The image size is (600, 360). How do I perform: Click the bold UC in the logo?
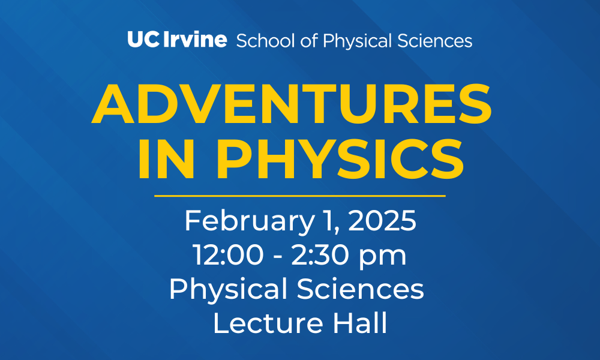click(x=143, y=40)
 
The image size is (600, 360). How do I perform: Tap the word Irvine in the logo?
click(x=195, y=40)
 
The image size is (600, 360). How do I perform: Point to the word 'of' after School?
click(x=309, y=41)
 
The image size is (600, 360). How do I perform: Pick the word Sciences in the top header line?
click(x=435, y=41)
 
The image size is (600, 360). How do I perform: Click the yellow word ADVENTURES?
click(x=292, y=104)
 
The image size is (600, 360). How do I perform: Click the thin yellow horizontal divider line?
click(x=300, y=196)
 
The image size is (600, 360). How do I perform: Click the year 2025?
click(x=382, y=221)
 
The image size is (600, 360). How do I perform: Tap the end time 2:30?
click(x=320, y=255)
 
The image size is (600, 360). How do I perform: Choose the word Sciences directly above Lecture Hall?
click(x=361, y=289)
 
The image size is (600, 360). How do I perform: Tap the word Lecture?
click(x=268, y=323)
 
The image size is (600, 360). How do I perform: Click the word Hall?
click(x=360, y=323)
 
